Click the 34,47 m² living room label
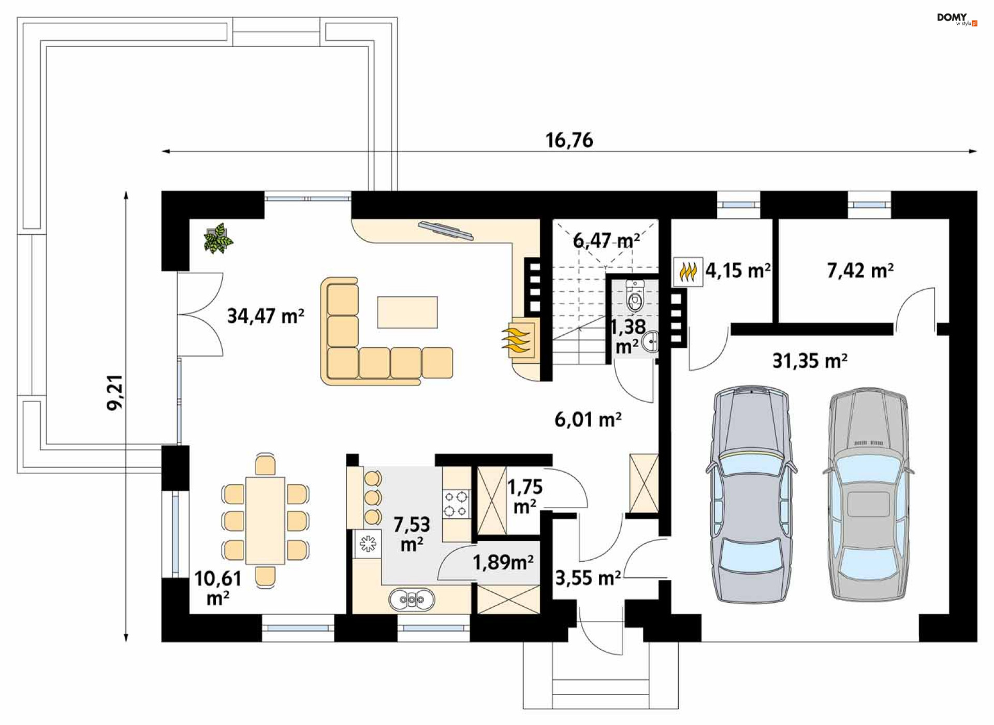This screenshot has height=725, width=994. click(266, 316)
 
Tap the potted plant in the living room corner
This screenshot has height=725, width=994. click(218, 239)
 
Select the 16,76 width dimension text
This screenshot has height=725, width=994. click(569, 140)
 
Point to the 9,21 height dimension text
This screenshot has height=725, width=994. click(115, 392)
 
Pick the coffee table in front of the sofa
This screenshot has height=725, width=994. click(407, 312)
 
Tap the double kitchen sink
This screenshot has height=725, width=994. click(412, 600)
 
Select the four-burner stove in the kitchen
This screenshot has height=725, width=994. click(456, 504)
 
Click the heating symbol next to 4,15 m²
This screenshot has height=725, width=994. click(688, 272)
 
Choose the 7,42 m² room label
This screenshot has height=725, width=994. click(860, 270)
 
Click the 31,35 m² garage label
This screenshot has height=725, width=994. click(810, 361)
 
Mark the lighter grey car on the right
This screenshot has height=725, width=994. click(868, 494)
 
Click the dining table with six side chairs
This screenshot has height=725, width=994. click(265, 520)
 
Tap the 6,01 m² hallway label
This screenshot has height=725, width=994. click(588, 419)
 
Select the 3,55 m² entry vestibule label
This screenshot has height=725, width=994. click(588, 578)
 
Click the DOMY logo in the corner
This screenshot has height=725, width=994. click(957, 19)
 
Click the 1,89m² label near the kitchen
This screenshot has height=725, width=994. click(503, 562)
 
